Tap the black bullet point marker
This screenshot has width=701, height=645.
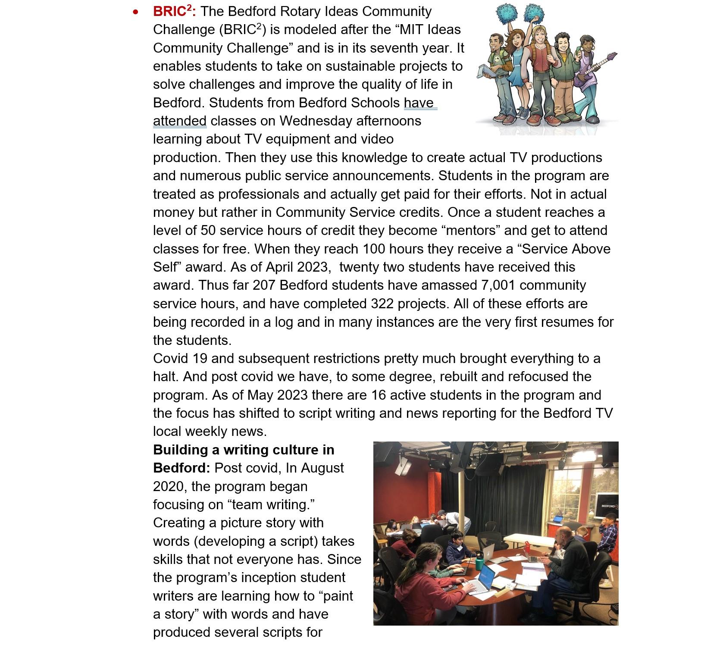(x=136, y=13)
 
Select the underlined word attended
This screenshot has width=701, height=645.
(x=180, y=121)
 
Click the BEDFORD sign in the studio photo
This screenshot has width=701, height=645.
(x=609, y=505)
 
